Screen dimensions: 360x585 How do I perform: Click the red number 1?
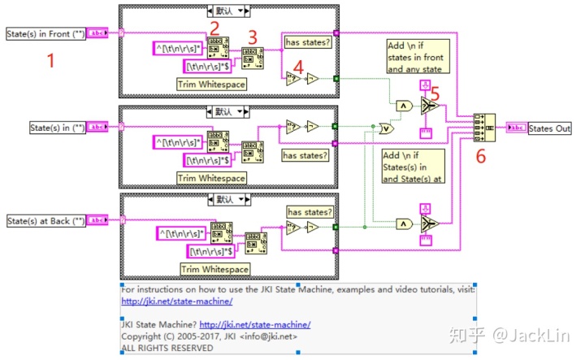coord(50,59)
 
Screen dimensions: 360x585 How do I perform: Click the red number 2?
coord(214,29)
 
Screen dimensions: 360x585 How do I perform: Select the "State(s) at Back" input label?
coord(45,220)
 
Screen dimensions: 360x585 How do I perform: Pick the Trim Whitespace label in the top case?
coord(210,84)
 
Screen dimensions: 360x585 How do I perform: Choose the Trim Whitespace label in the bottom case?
coord(210,269)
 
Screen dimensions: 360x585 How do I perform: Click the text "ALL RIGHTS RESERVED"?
coord(167,347)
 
